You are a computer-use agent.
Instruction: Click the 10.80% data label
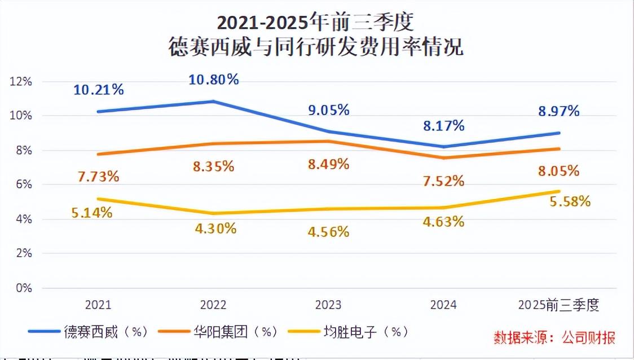(213, 80)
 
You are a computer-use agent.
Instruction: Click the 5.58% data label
(569, 201)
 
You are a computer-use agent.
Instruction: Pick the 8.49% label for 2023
(328, 164)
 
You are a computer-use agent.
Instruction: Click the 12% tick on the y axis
(21, 81)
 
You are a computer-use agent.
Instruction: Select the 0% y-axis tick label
(24, 288)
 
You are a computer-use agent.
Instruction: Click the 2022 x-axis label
(213, 305)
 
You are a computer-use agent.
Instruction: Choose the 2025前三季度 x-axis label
(558, 305)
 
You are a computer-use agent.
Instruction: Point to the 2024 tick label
(443, 305)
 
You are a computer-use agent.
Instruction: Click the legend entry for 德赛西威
(90, 332)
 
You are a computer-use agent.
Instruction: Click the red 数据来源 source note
(554, 337)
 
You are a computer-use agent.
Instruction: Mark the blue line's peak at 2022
(213, 102)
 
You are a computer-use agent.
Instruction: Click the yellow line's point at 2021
(98, 199)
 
